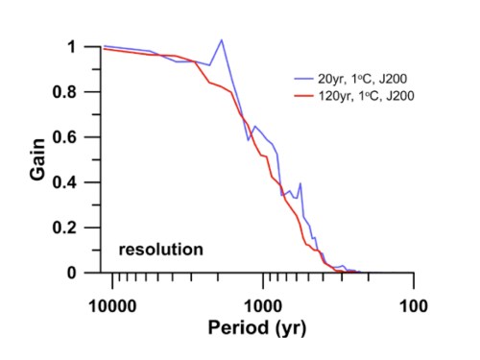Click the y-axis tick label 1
[71, 47]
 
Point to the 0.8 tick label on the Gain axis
[64, 92]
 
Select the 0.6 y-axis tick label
[64, 137]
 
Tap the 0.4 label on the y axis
[64, 182]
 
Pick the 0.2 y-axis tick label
[64, 228]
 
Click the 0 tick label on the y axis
[72, 273]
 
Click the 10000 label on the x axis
[112, 306]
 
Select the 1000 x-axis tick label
[263, 306]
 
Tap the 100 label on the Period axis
[414, 306]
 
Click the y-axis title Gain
[37, 159]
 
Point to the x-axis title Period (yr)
[257, 328]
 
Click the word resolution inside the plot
[161, 250]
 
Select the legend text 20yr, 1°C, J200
[362, 79]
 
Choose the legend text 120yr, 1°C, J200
[366, 96]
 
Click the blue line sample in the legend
[303, 79]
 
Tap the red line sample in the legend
[303, 95]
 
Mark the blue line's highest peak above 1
[222, 40]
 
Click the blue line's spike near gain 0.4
[300, 183]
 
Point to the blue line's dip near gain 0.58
[248, 140]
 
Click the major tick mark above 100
[414, 280]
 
